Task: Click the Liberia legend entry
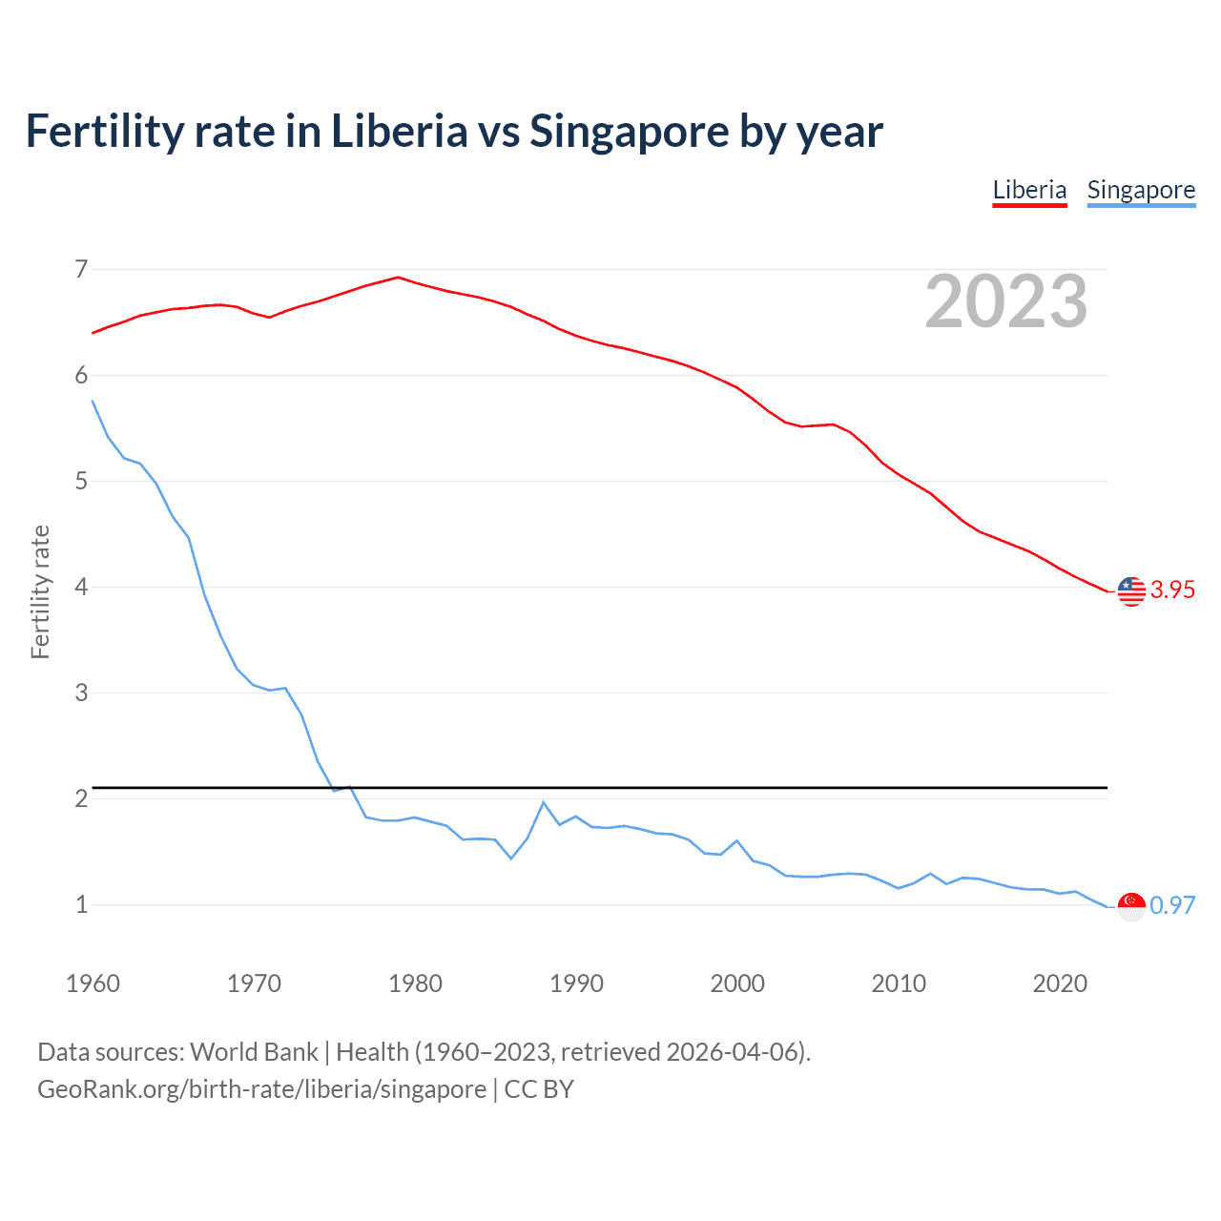tap(1029, 190)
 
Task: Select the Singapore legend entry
tap(1141, 190)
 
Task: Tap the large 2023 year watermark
tap(1006, 301)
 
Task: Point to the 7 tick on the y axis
tap(81, 269)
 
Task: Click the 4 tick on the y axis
tap(81, 587)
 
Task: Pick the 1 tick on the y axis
tap(81, 904)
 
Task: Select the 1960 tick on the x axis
tap(93, 983)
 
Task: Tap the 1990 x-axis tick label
tap(576, 983)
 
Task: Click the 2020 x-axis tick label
tap(1060, 983)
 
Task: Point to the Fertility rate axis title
tap(40, 591)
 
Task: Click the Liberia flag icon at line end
tap(1131, 591)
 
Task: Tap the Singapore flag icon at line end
tap(1131, 906)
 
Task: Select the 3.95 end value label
tap(1172, 590)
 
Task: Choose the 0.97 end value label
tap(1172, 905)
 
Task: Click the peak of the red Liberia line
tap(399, 278)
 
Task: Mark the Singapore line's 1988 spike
tap(544, 802)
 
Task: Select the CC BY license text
tap(539, 1089)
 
